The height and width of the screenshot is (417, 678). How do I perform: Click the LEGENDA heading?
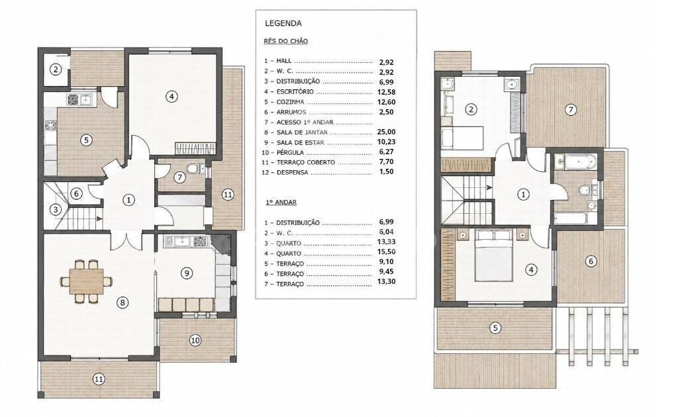pos(283,23)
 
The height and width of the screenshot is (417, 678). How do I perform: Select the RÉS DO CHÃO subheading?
pos(286,41)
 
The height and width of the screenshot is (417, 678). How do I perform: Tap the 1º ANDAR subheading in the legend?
pos(280,203)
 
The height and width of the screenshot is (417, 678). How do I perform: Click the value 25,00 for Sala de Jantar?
pos(386,132)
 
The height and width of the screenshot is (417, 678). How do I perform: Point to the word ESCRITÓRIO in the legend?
pos(295,91)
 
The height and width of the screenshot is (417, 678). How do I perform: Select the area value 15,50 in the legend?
pos(386,252)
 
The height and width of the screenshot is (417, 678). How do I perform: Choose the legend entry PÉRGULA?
pos(290,152)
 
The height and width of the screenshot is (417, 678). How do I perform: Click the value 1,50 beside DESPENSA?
pos(386,171)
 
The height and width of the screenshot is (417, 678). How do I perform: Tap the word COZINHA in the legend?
pos(290,102)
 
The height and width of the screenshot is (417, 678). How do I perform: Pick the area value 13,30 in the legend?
pos(386,282)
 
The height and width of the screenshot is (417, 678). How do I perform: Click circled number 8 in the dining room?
pos(122,302)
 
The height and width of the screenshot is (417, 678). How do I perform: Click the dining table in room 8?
pos(87,281)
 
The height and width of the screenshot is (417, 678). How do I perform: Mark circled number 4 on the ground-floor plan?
pos(171,97)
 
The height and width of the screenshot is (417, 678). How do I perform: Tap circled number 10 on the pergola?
pos(195,340)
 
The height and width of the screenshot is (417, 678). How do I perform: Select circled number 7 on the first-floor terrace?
pos(571,110)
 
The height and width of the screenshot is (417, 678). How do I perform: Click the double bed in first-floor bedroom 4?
pos(493,255)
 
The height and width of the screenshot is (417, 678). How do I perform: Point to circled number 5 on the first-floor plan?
pos(495,328)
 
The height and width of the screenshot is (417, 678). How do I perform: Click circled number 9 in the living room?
pos(186,273)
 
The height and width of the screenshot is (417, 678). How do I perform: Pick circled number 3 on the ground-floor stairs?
pos(56,210)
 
